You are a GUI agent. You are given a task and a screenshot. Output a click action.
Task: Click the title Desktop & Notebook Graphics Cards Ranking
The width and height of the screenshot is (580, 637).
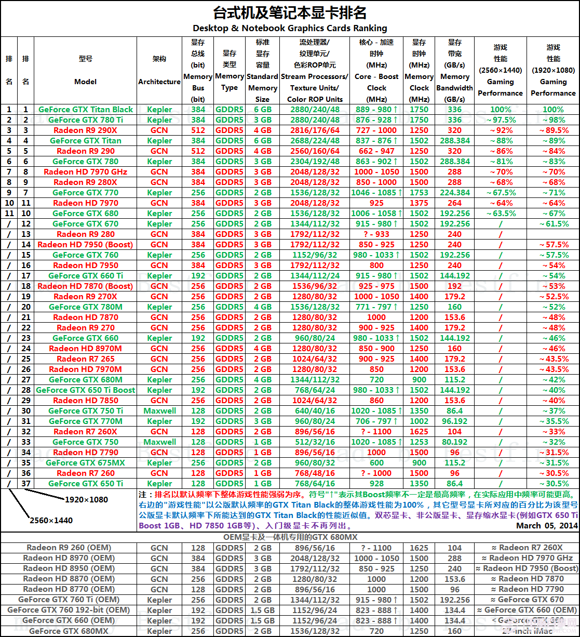point(290,28)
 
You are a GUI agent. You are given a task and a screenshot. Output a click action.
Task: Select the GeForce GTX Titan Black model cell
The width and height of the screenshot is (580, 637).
point(86,110)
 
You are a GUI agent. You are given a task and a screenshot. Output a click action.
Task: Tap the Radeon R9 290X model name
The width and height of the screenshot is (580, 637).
point(86,130)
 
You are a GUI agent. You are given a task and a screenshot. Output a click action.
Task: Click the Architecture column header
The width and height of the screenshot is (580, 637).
point(159,70)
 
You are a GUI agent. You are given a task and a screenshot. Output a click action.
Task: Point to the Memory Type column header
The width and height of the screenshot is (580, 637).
point(230,70)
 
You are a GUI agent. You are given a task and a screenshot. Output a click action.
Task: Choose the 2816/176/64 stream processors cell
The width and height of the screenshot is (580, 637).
point(315,130)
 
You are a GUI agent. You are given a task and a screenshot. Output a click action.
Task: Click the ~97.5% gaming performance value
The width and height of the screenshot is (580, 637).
point(501,120)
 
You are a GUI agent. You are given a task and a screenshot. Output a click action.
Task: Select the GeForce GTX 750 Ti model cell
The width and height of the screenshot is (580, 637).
point(86,411)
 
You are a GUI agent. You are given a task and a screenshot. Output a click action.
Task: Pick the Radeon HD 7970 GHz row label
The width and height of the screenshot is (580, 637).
point(86,172)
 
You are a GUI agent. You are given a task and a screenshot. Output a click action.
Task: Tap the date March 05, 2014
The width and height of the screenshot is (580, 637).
point(547,526)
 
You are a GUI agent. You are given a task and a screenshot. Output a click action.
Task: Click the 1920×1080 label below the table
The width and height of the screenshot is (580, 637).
point(86,499)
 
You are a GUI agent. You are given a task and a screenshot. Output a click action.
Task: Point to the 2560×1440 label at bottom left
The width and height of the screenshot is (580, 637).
point(51,520)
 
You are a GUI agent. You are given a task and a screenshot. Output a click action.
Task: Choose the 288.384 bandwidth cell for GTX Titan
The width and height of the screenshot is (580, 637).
point(455,141)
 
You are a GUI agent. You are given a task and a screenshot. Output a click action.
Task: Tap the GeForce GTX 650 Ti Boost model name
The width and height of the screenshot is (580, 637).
point(86,390)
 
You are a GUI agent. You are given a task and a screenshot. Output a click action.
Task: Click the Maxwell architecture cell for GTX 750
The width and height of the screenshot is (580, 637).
point(159,442)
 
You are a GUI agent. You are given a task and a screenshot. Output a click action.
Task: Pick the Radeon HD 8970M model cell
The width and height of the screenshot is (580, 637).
point(86,349)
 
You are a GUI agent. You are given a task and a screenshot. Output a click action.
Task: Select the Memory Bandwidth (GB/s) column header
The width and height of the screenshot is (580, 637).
point(455,70)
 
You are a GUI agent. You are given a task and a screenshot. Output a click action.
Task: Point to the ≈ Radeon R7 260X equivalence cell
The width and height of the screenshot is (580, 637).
point(527,548)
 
